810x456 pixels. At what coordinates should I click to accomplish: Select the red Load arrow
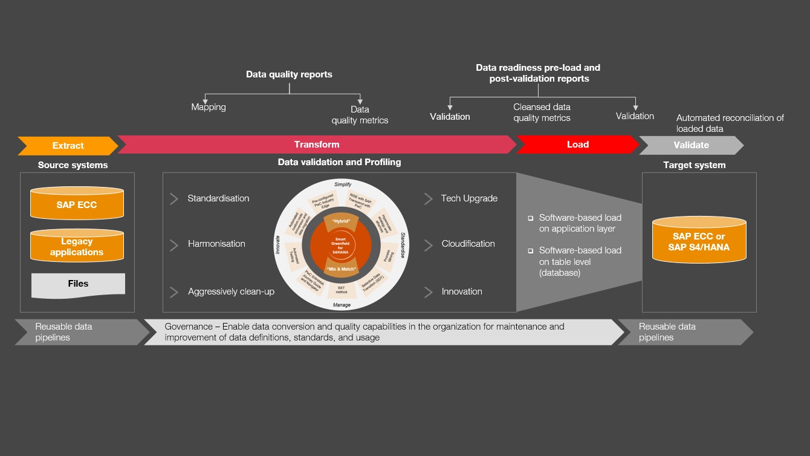(577, 145)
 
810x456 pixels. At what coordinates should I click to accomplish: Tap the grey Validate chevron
(691, 145)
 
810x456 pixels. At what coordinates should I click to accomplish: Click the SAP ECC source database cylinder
(77, 204)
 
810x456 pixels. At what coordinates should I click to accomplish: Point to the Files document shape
(78, 284)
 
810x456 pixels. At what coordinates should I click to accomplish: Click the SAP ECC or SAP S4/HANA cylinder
(699, 241)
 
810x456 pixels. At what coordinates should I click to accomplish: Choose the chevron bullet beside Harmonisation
(174, 244)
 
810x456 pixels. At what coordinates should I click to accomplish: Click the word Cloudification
(468, 244)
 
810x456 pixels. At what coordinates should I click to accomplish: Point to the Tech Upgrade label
(469, 198)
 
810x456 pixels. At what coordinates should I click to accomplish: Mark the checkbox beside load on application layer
(531, 218)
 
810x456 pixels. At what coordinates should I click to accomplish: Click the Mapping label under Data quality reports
(209, 107)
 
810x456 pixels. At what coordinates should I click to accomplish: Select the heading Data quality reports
(289, 74)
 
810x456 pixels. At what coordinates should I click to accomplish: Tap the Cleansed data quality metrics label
(542, 112)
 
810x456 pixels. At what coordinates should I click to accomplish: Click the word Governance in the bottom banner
(189, 327)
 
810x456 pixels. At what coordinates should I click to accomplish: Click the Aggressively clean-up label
(231, 292)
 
